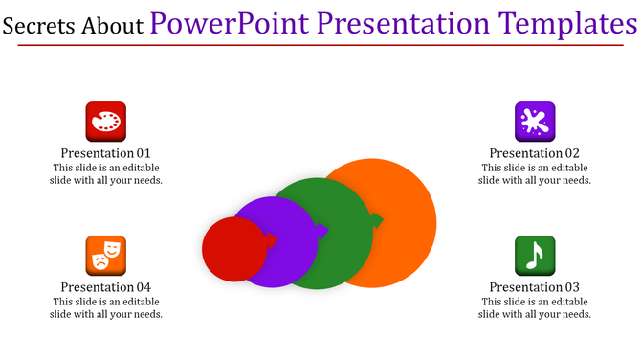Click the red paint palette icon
coord(106,122)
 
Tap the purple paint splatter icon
coord(535,122)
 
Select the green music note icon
coord(535,256)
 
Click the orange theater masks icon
coord(106,256)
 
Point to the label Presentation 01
coord(106,153)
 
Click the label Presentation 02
coord(535,153)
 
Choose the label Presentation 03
coord(535,287)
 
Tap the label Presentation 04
coord(106,287)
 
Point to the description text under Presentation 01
coord(106,173)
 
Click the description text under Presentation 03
coord(535,307)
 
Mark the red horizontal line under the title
coord(320,46)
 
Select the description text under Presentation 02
coord(535,173)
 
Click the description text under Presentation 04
coord(106,307)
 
